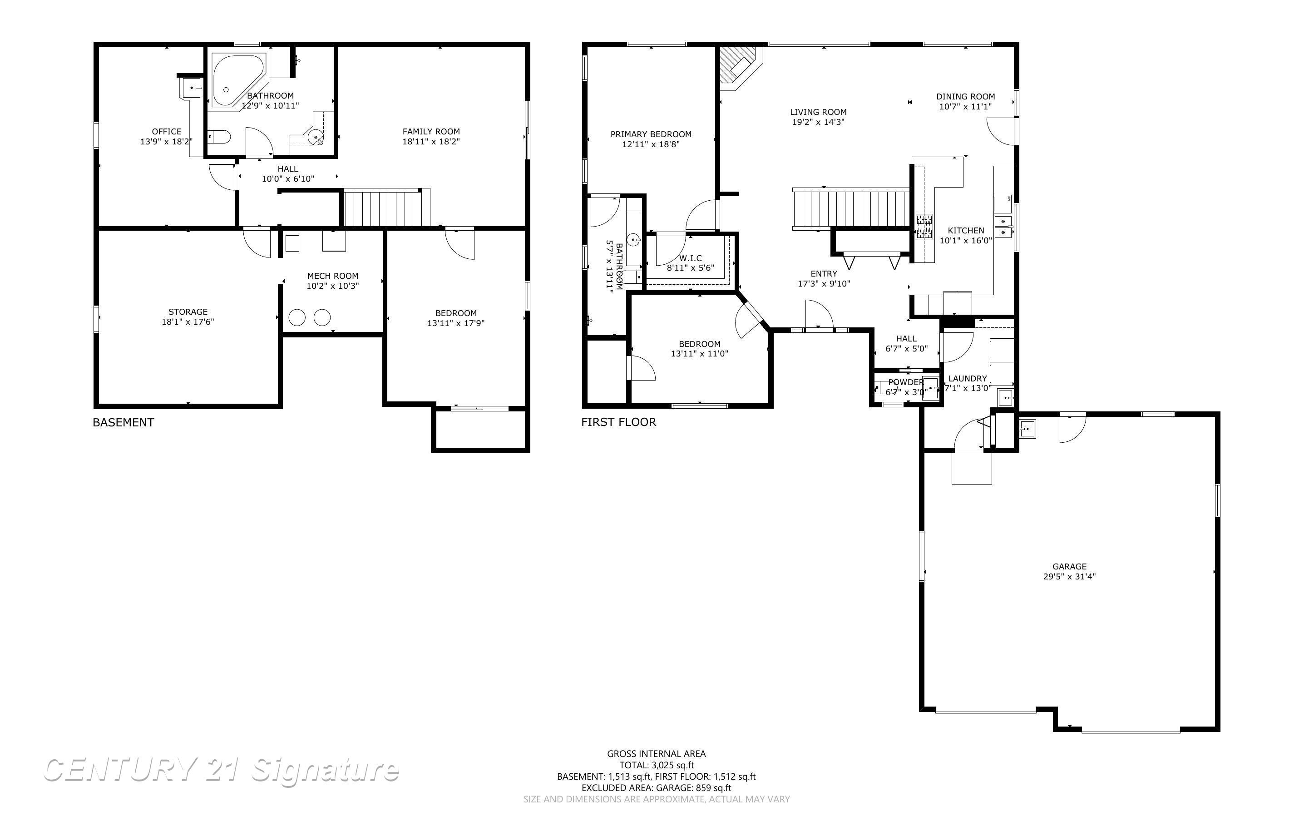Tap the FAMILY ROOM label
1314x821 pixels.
click(431, 131)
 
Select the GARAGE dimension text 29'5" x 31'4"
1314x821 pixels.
click(1069, 577)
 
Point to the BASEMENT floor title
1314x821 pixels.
click(123, 422)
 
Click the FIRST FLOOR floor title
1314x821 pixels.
click(619, 422)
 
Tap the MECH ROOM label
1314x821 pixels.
click(333, 276)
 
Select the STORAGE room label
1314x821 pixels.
click(188, 312)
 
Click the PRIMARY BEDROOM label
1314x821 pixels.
click(651, 134)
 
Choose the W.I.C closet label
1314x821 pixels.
click(691, 258)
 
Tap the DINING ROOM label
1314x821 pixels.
click(966, 97)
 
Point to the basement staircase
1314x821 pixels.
click(386, 208)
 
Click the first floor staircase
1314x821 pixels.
click(851, 208)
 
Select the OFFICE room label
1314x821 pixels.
click(167, 131)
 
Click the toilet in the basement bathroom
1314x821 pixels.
click(219, 136)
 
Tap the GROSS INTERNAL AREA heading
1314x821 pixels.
click(656, 754)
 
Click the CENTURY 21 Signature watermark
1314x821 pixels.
click(222, 770)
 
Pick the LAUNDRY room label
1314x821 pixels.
click(967, 378)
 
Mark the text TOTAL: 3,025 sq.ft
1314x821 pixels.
click(656, 766)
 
